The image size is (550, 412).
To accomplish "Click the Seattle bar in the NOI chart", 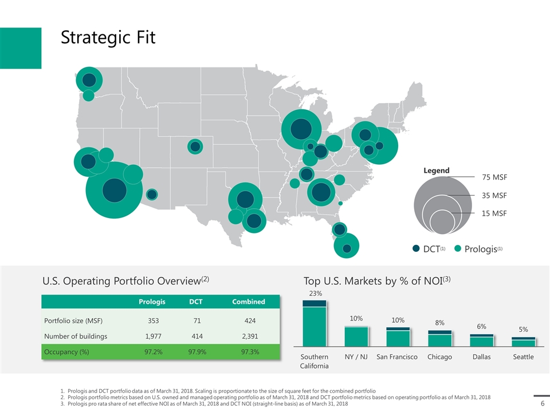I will click(523, 342).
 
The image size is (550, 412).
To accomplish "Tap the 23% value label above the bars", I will click(315, 293).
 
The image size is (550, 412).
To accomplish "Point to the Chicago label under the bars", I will click(440, 356).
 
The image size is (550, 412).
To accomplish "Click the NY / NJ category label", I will click(356, 356).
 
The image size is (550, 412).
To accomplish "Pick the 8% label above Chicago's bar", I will click(440, 323).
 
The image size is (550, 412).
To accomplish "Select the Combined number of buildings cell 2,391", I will click(248, 336).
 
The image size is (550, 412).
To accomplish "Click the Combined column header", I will click(248, 302).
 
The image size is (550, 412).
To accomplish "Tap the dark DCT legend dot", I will click(417, 248).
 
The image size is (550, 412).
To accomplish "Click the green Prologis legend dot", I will click(458, 248).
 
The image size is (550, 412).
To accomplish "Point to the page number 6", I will click(542, 403).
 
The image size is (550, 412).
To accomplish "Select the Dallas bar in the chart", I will click(482, 340).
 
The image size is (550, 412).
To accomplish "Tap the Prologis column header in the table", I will click(154, 302).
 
